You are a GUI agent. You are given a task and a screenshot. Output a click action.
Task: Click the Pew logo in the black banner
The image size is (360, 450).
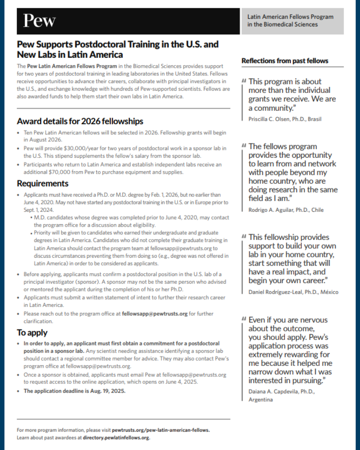point(39,21)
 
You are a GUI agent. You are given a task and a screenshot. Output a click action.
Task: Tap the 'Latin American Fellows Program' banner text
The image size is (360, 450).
point(290,17)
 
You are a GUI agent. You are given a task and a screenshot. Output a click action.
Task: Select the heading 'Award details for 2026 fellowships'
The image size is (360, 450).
point(80,121)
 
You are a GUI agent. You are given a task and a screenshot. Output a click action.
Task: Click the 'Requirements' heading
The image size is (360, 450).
point(43,183)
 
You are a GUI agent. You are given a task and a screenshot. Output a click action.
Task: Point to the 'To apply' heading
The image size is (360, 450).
point(32,332)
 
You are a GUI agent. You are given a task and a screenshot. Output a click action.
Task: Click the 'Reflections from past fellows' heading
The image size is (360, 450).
point(285,61)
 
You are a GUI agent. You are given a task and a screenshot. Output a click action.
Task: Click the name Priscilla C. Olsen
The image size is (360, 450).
point(269,119)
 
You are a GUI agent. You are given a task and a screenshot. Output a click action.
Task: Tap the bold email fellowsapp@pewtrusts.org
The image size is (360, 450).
point(155,314)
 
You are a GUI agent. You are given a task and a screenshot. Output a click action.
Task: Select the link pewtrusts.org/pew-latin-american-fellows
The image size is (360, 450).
point(161,430)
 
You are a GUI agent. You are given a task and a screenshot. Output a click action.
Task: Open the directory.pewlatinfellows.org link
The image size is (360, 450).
point(116,438)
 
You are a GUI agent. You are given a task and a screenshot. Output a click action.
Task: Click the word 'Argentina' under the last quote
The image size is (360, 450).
point(260,399)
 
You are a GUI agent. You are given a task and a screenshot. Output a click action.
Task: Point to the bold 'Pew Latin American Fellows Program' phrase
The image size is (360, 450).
point(72,66)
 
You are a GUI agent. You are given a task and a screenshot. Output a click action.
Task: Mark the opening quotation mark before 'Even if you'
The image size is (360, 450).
point(244,319)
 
